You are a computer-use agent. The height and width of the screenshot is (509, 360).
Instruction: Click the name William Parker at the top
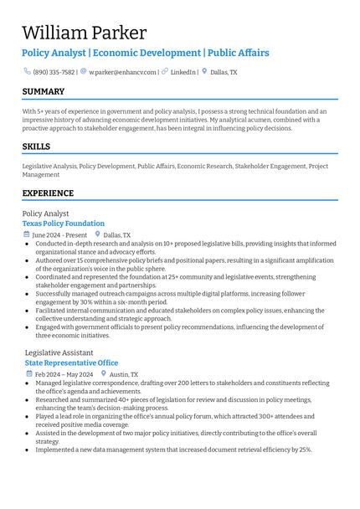(x=85, y=33)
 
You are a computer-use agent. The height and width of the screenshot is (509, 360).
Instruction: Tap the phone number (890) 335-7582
(x=54, y=72)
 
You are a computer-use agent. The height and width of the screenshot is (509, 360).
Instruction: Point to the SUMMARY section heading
(x=44, y=91)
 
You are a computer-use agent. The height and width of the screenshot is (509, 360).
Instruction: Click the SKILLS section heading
(x=36, y=147)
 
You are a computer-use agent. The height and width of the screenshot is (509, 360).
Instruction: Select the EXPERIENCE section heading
(x=48, y=193)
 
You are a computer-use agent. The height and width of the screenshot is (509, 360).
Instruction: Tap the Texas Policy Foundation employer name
(x=64, y=224)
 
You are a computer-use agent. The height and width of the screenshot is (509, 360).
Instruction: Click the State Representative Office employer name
(x=72, y=362)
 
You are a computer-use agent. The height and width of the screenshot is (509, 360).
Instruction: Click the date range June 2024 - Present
(x=59, y=235)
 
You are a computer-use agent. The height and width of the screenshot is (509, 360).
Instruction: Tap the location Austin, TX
(x=124, y=374)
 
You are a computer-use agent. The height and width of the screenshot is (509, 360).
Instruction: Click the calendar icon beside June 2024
(x=27, y=235)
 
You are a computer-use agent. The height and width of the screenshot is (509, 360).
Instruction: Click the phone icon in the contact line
(x=27, y=72)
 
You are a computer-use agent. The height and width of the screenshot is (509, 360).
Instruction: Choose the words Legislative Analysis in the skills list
(x=49, y=167)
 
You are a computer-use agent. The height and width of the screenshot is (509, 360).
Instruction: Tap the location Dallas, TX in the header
(x=224, y=72)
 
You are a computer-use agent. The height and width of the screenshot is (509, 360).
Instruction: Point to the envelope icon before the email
(x=84, y=72)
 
